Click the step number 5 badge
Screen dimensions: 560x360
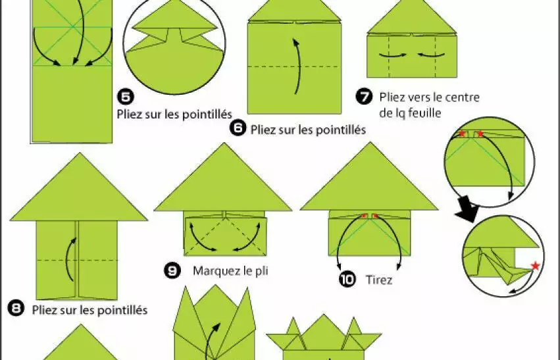125,97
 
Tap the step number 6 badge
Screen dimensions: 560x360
238,128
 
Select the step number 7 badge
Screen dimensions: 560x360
365,97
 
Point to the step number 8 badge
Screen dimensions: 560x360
16,309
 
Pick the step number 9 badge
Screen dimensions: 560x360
172,270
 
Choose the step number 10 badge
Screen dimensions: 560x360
347,279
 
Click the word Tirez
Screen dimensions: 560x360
379,280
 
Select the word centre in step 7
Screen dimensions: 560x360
461,97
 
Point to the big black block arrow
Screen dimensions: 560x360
469,212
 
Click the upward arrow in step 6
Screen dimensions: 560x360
297,66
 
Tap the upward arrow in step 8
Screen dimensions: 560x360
70,260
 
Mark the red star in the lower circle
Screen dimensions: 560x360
535,266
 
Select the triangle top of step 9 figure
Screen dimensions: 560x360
223,177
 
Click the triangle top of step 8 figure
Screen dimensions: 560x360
79,187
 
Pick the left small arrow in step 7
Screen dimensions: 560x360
392,55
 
